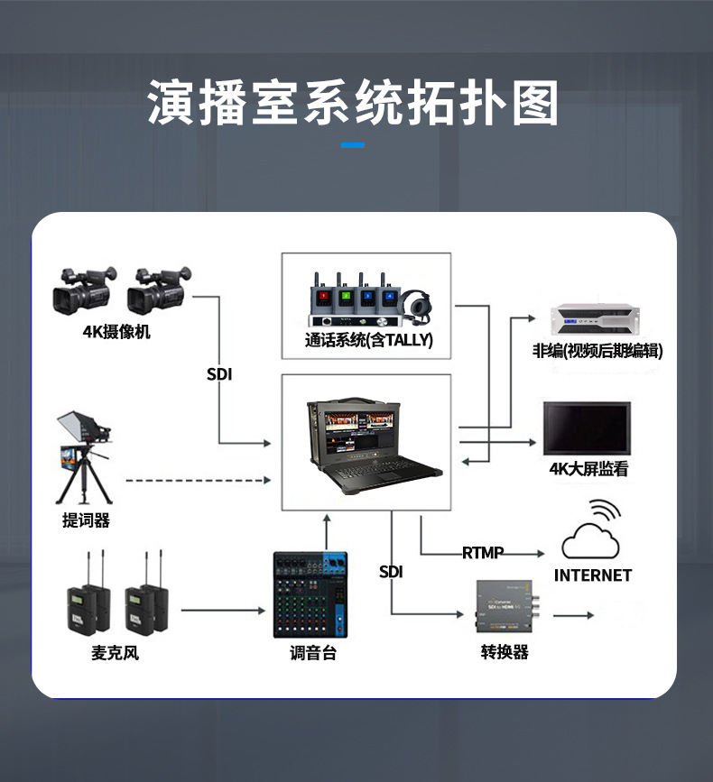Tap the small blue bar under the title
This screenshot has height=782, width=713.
coord(353,144)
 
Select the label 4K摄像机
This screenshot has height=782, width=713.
coord(117,332)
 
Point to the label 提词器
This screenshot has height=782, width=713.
coord(86,520)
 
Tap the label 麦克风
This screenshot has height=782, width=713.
coord(115,652)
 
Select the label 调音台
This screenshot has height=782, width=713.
coord(312,652)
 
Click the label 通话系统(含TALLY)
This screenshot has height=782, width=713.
coord(369,340)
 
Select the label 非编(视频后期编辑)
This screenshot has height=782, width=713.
coord(597,351)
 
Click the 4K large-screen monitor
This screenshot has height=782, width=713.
coord(587,428)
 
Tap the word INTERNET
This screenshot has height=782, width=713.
coord(593,575)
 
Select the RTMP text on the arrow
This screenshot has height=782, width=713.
coord(483,552)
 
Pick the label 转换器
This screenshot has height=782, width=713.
coord(505,652)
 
